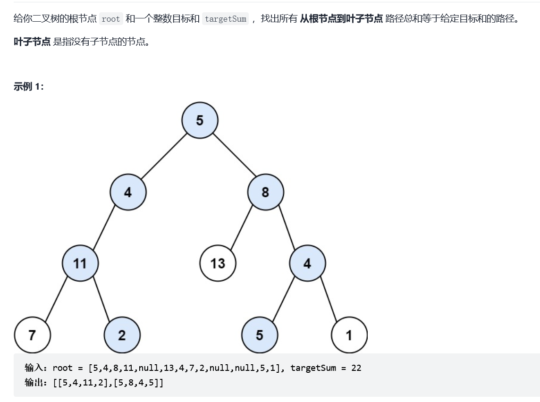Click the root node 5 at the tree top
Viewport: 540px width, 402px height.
(x=200, y=120)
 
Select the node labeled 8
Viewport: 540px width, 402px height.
(x=265, y=192)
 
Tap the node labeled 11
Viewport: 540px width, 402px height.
(x=80, y=263)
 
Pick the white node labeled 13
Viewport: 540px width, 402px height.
(x=218, y=263)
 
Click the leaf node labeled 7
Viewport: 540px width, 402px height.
(x=32, y=335)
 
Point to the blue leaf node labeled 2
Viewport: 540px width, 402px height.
(x=122, y=335)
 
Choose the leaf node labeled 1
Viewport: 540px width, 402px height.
(x=349, y=335)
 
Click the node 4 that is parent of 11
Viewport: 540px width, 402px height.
(x=128, y=192)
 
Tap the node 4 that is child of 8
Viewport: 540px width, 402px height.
(x=307, y=263)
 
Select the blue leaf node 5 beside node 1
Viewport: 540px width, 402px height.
(x=259, y=335)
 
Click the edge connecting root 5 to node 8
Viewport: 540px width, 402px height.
(x=233, y=156)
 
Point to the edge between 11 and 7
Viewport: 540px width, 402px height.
(x=56, y=299)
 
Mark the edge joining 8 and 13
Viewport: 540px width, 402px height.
(x=241, y=228)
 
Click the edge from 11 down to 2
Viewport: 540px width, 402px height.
(x=101, y=299)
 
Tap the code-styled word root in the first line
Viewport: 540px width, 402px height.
(x=111, y=19)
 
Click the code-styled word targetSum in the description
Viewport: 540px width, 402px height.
(x=225, y=19)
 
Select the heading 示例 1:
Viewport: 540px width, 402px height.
(x=29, y=86)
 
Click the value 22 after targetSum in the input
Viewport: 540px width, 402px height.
(x=356, y=368)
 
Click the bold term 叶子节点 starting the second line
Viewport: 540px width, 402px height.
(x=32, y=42)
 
